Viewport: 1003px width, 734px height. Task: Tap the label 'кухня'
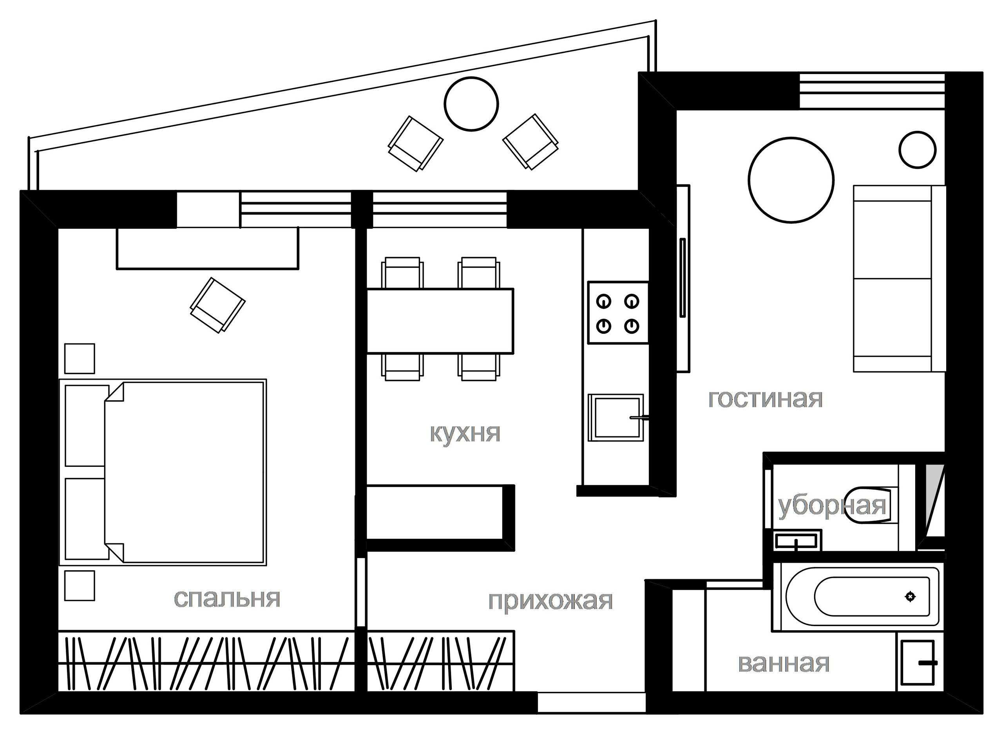[x=465, y=433]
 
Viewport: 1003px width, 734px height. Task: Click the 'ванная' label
[x=784, y=664]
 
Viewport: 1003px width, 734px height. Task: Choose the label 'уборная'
[x=832, y=506]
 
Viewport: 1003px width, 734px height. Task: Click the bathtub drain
[x=911, y=597]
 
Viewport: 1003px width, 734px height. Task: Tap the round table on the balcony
[x=471, y=104]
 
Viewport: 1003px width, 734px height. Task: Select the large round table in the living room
[x=791, y=180]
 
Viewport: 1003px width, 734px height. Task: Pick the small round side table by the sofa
[x=918, y=150]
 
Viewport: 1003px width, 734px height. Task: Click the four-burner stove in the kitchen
[x=618, y=313]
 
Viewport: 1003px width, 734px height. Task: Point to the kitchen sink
[x=616, y=417]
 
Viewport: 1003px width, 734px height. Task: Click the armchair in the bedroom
[x=218, y=305]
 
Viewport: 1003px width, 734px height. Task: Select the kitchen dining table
[x=440, y=321]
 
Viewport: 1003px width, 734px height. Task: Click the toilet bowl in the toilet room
[x=867, y=506]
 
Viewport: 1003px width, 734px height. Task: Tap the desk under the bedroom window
[x=208, y=248]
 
